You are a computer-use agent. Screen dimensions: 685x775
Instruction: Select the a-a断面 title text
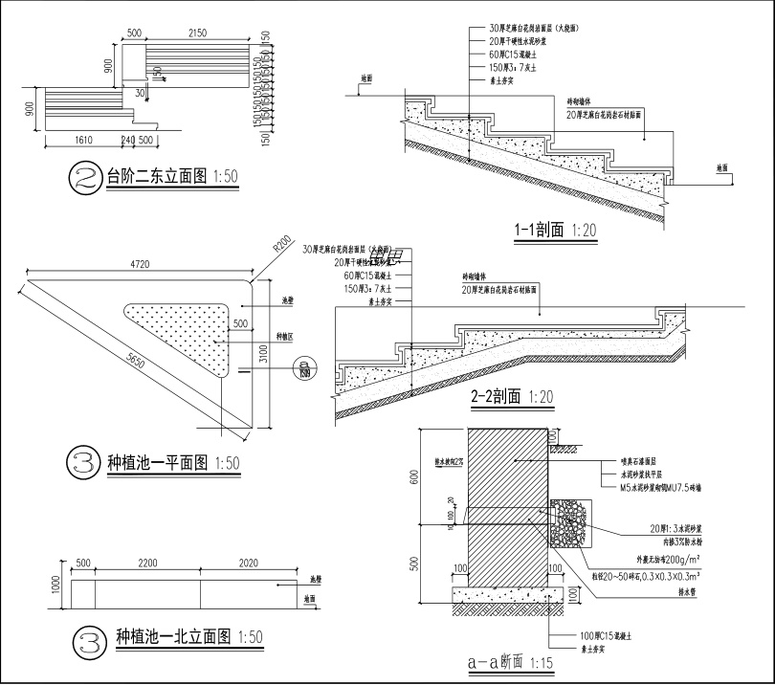pos(495,661)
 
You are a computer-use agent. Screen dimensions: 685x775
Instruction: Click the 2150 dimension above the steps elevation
pos(197,33)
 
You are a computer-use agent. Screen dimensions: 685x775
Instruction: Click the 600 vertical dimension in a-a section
pos(415,477)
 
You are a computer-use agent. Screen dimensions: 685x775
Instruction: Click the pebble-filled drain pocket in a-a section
pos(572,523)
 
